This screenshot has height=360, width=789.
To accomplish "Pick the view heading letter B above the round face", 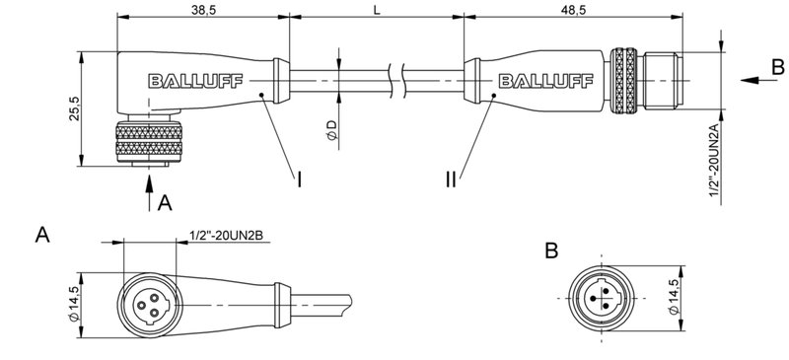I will (x=553, y=252).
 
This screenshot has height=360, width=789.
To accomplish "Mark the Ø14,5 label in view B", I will (x=674, y=297).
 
